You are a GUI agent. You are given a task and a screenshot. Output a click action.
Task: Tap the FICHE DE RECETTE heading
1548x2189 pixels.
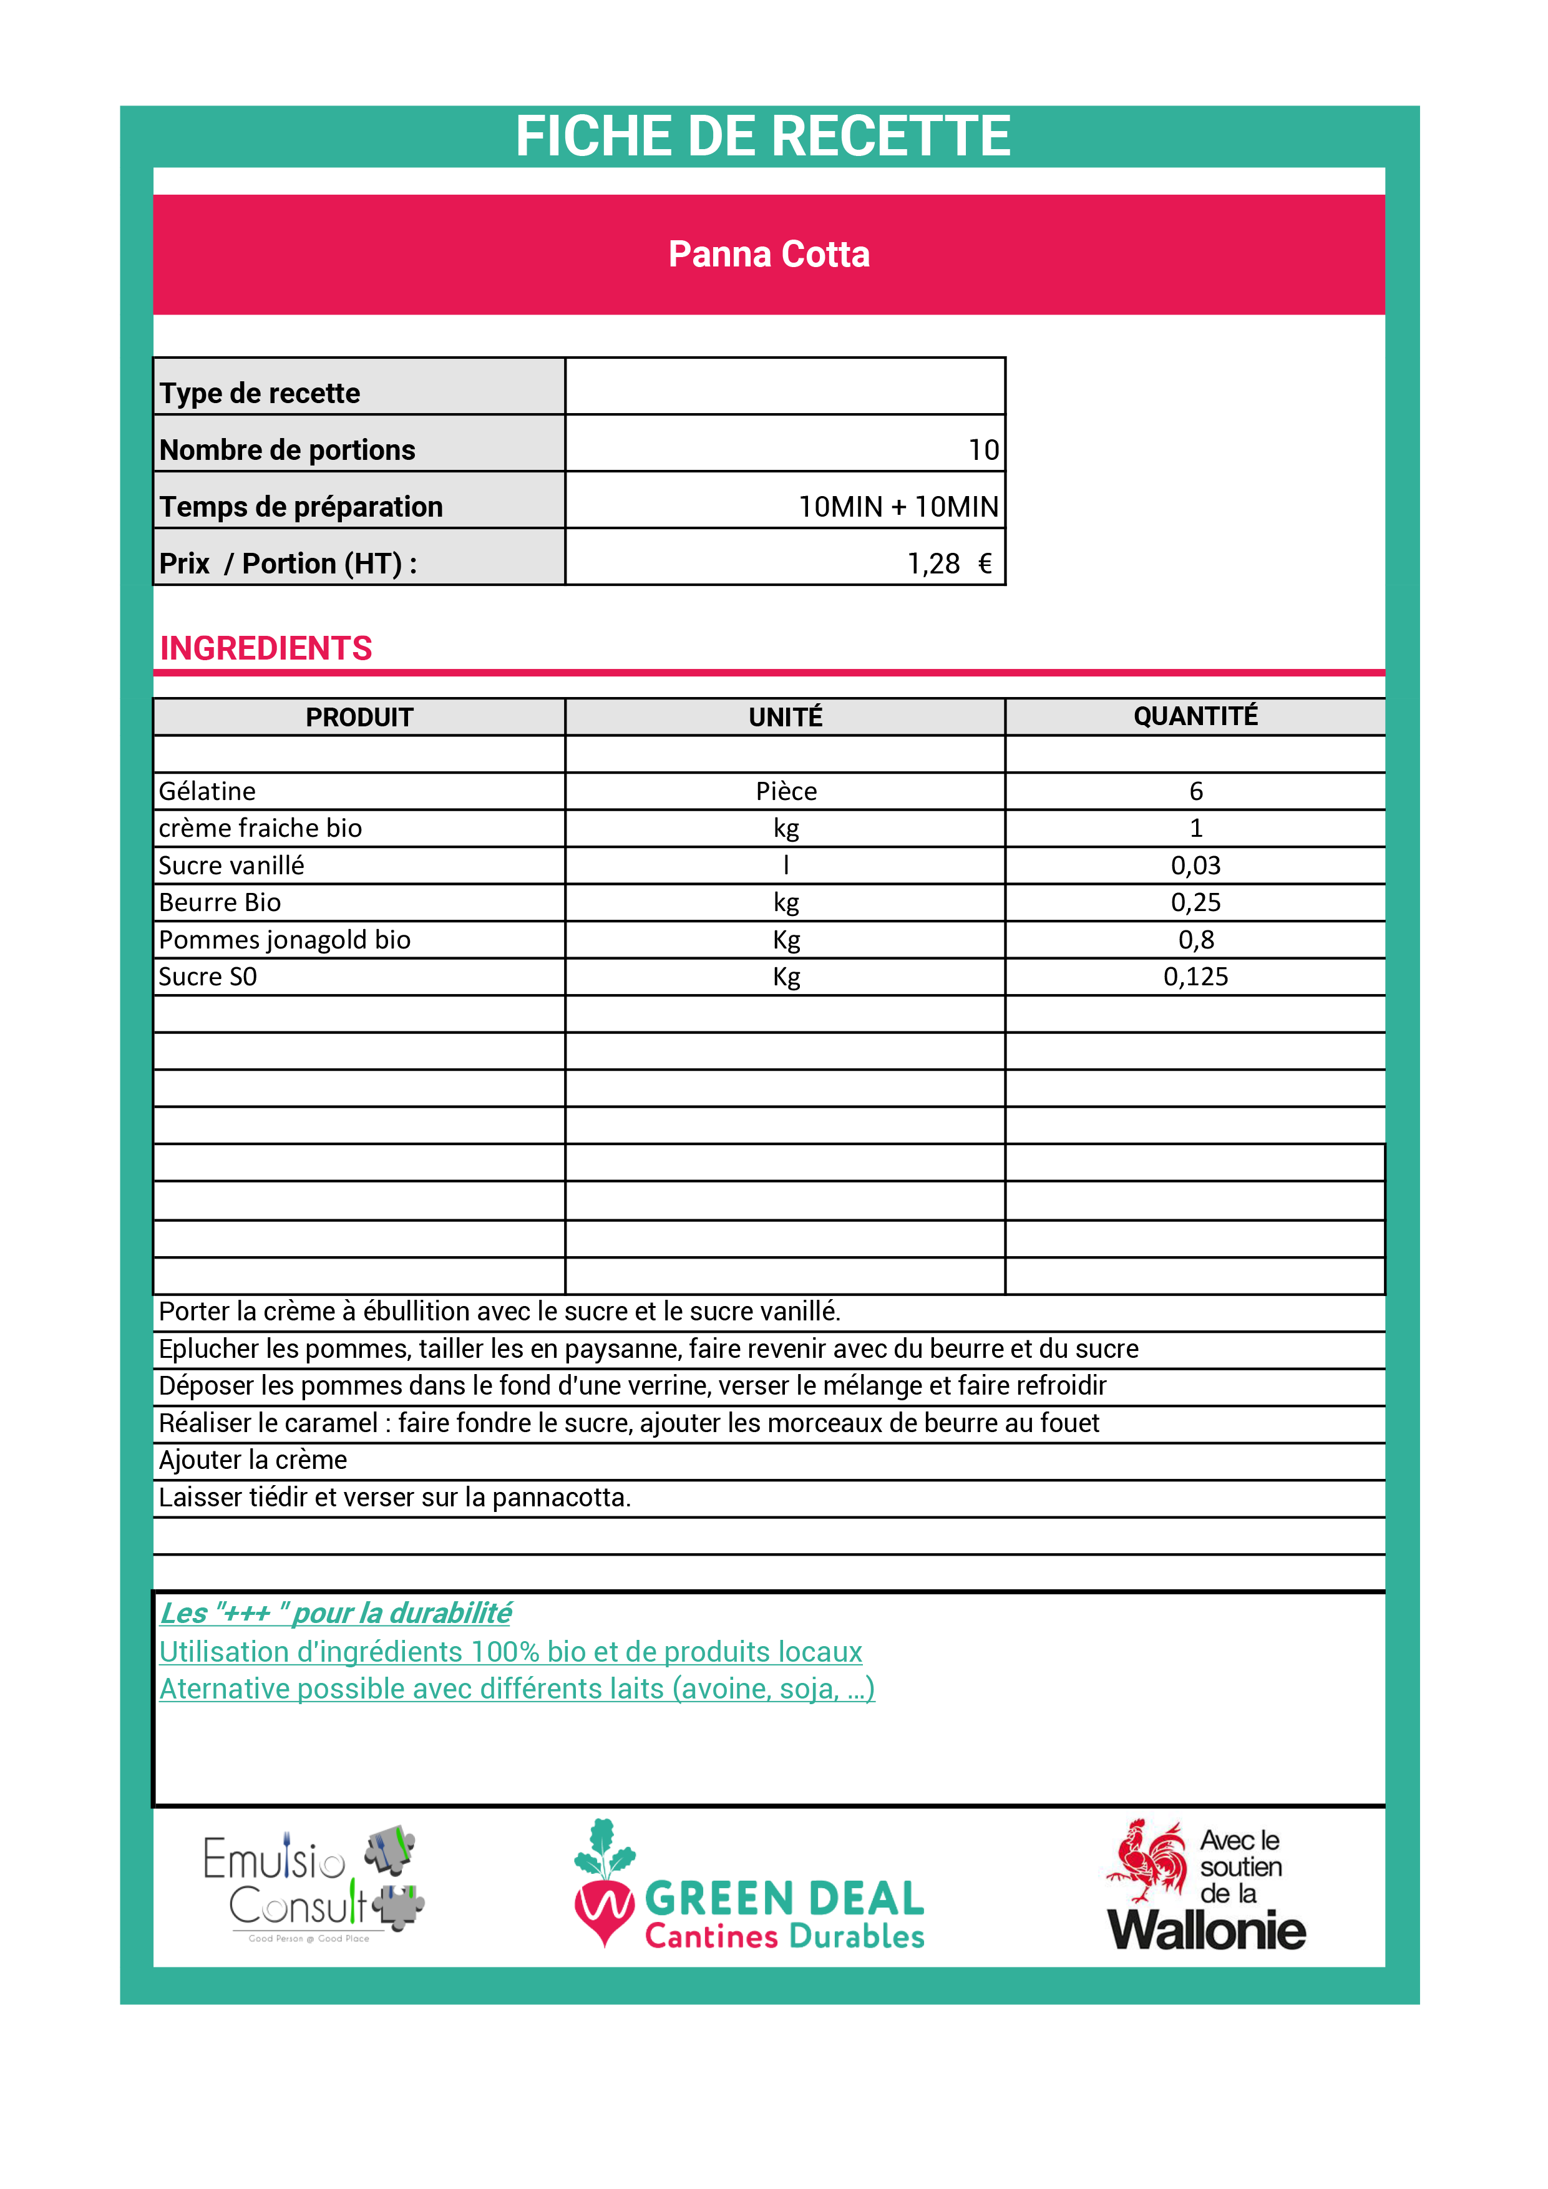click(762, 136)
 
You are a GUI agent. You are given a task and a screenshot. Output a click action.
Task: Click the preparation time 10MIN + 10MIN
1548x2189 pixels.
click(898, 506)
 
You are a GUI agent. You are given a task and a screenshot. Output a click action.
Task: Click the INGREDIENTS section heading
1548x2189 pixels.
click(266, 648)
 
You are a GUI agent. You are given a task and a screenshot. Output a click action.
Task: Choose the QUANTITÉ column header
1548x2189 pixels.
click(1195, 716)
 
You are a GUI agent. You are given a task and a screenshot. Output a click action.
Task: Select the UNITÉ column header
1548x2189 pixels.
click(786, 717)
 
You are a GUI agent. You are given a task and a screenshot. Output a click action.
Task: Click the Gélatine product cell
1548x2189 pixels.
click(208, 791)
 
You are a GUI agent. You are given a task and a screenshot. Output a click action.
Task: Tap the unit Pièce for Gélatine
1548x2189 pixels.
click(786, 791)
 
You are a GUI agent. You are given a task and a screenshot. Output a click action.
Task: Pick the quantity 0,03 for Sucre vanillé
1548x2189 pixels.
click(1195, 865)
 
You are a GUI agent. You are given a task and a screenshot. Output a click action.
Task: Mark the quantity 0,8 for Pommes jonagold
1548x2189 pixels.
click(1195, 940)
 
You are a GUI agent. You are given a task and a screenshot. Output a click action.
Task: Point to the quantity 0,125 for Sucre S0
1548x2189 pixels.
click(1195, 977)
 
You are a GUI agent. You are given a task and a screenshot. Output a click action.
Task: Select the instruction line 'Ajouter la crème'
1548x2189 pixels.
click(253, 1460)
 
